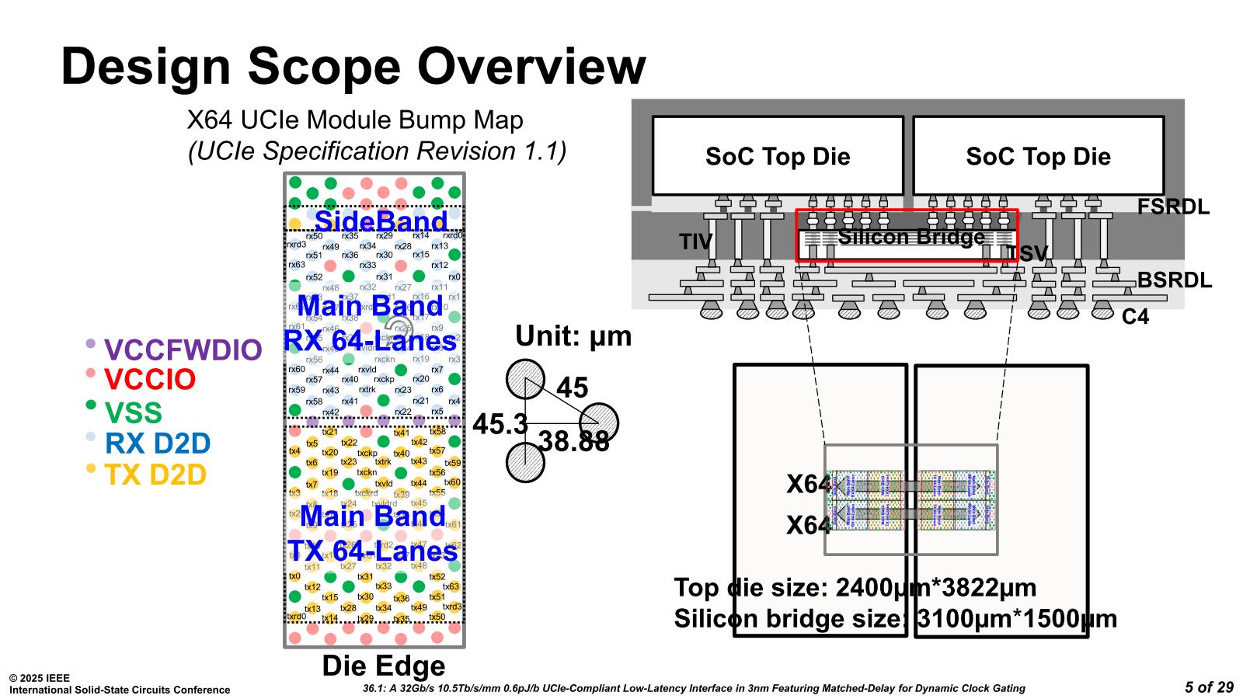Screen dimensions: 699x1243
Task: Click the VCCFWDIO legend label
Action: pos(183,350)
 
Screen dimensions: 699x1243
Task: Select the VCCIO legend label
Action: pos(150,380)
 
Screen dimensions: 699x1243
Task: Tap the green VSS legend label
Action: pos(133,412)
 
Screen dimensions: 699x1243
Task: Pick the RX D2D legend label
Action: pos(158,443)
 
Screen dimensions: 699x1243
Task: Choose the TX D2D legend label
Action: pos(155,475)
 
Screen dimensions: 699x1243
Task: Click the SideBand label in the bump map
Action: pos(381,221)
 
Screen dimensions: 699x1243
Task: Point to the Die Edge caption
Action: pos(384,666)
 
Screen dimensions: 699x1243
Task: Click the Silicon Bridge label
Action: pos(910,237)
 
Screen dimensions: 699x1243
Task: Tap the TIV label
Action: pos(696,242)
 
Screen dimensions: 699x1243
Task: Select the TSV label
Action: pos(1027,253)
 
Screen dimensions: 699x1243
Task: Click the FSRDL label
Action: pos(1173,207)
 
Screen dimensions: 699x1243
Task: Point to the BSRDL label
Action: pos(1174,280)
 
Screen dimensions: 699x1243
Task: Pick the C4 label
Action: pos(1135,317)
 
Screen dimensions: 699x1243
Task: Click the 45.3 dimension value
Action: pos(500,424)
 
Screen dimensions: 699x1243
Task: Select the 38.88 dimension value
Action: pos(573,442)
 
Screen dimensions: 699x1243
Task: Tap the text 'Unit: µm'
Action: pos(573,336)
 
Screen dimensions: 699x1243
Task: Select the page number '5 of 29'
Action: pos(1209,687)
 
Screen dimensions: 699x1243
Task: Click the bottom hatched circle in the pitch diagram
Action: pos(525,463)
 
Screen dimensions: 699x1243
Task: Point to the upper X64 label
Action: pos(808,485)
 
